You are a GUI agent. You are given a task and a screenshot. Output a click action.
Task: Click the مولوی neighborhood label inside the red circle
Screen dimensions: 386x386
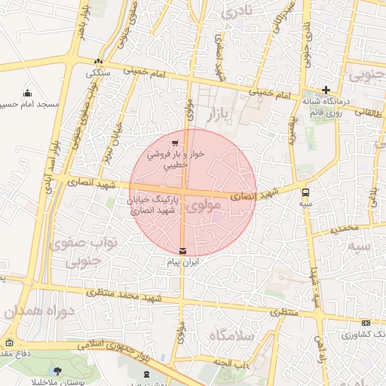205,205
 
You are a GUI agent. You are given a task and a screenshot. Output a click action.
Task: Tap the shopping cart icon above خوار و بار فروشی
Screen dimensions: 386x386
175,142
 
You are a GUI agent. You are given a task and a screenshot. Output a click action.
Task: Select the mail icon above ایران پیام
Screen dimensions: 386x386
183,250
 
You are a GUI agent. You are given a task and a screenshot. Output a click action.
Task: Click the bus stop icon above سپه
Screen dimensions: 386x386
305,192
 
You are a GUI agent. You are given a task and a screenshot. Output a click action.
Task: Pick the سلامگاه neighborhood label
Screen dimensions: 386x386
232,335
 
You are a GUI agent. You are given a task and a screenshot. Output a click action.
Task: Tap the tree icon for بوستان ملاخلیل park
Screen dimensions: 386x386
58,370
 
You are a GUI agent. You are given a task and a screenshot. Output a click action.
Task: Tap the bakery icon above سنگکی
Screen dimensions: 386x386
99,62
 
